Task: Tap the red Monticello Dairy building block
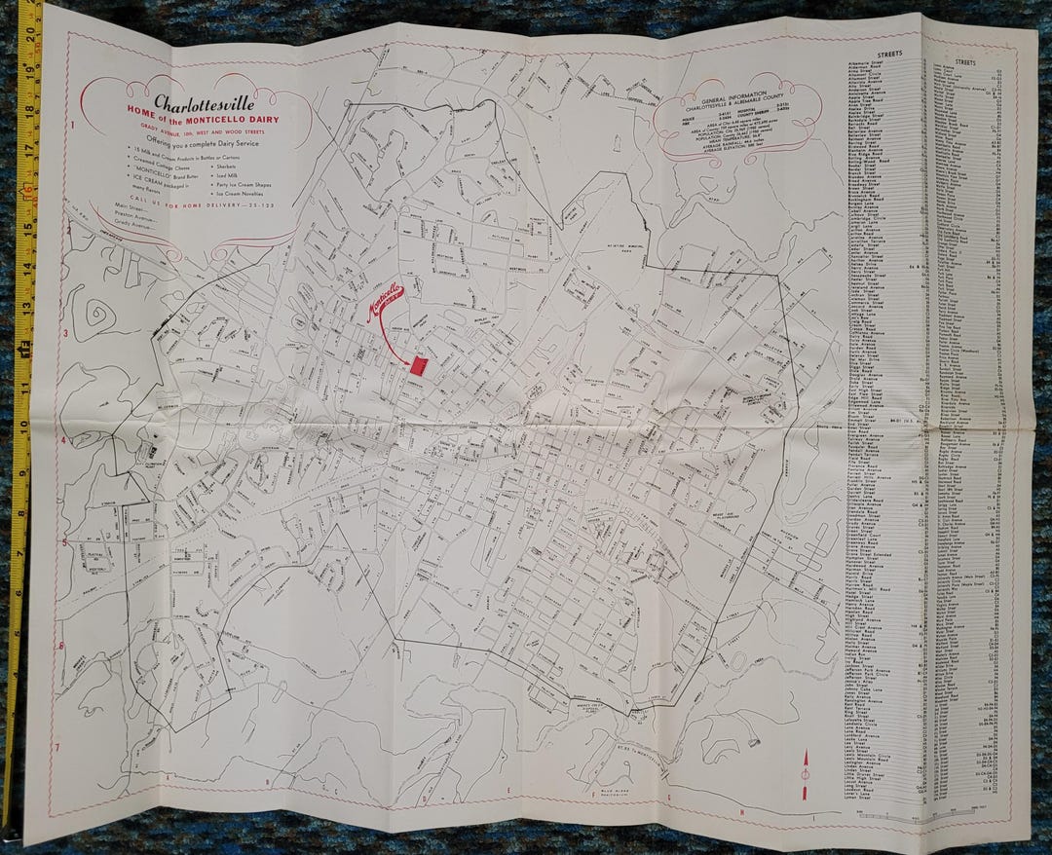(419, 365)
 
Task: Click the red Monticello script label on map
(383, 300)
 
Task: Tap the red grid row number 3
(64, 334)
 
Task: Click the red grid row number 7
(57, 748)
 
